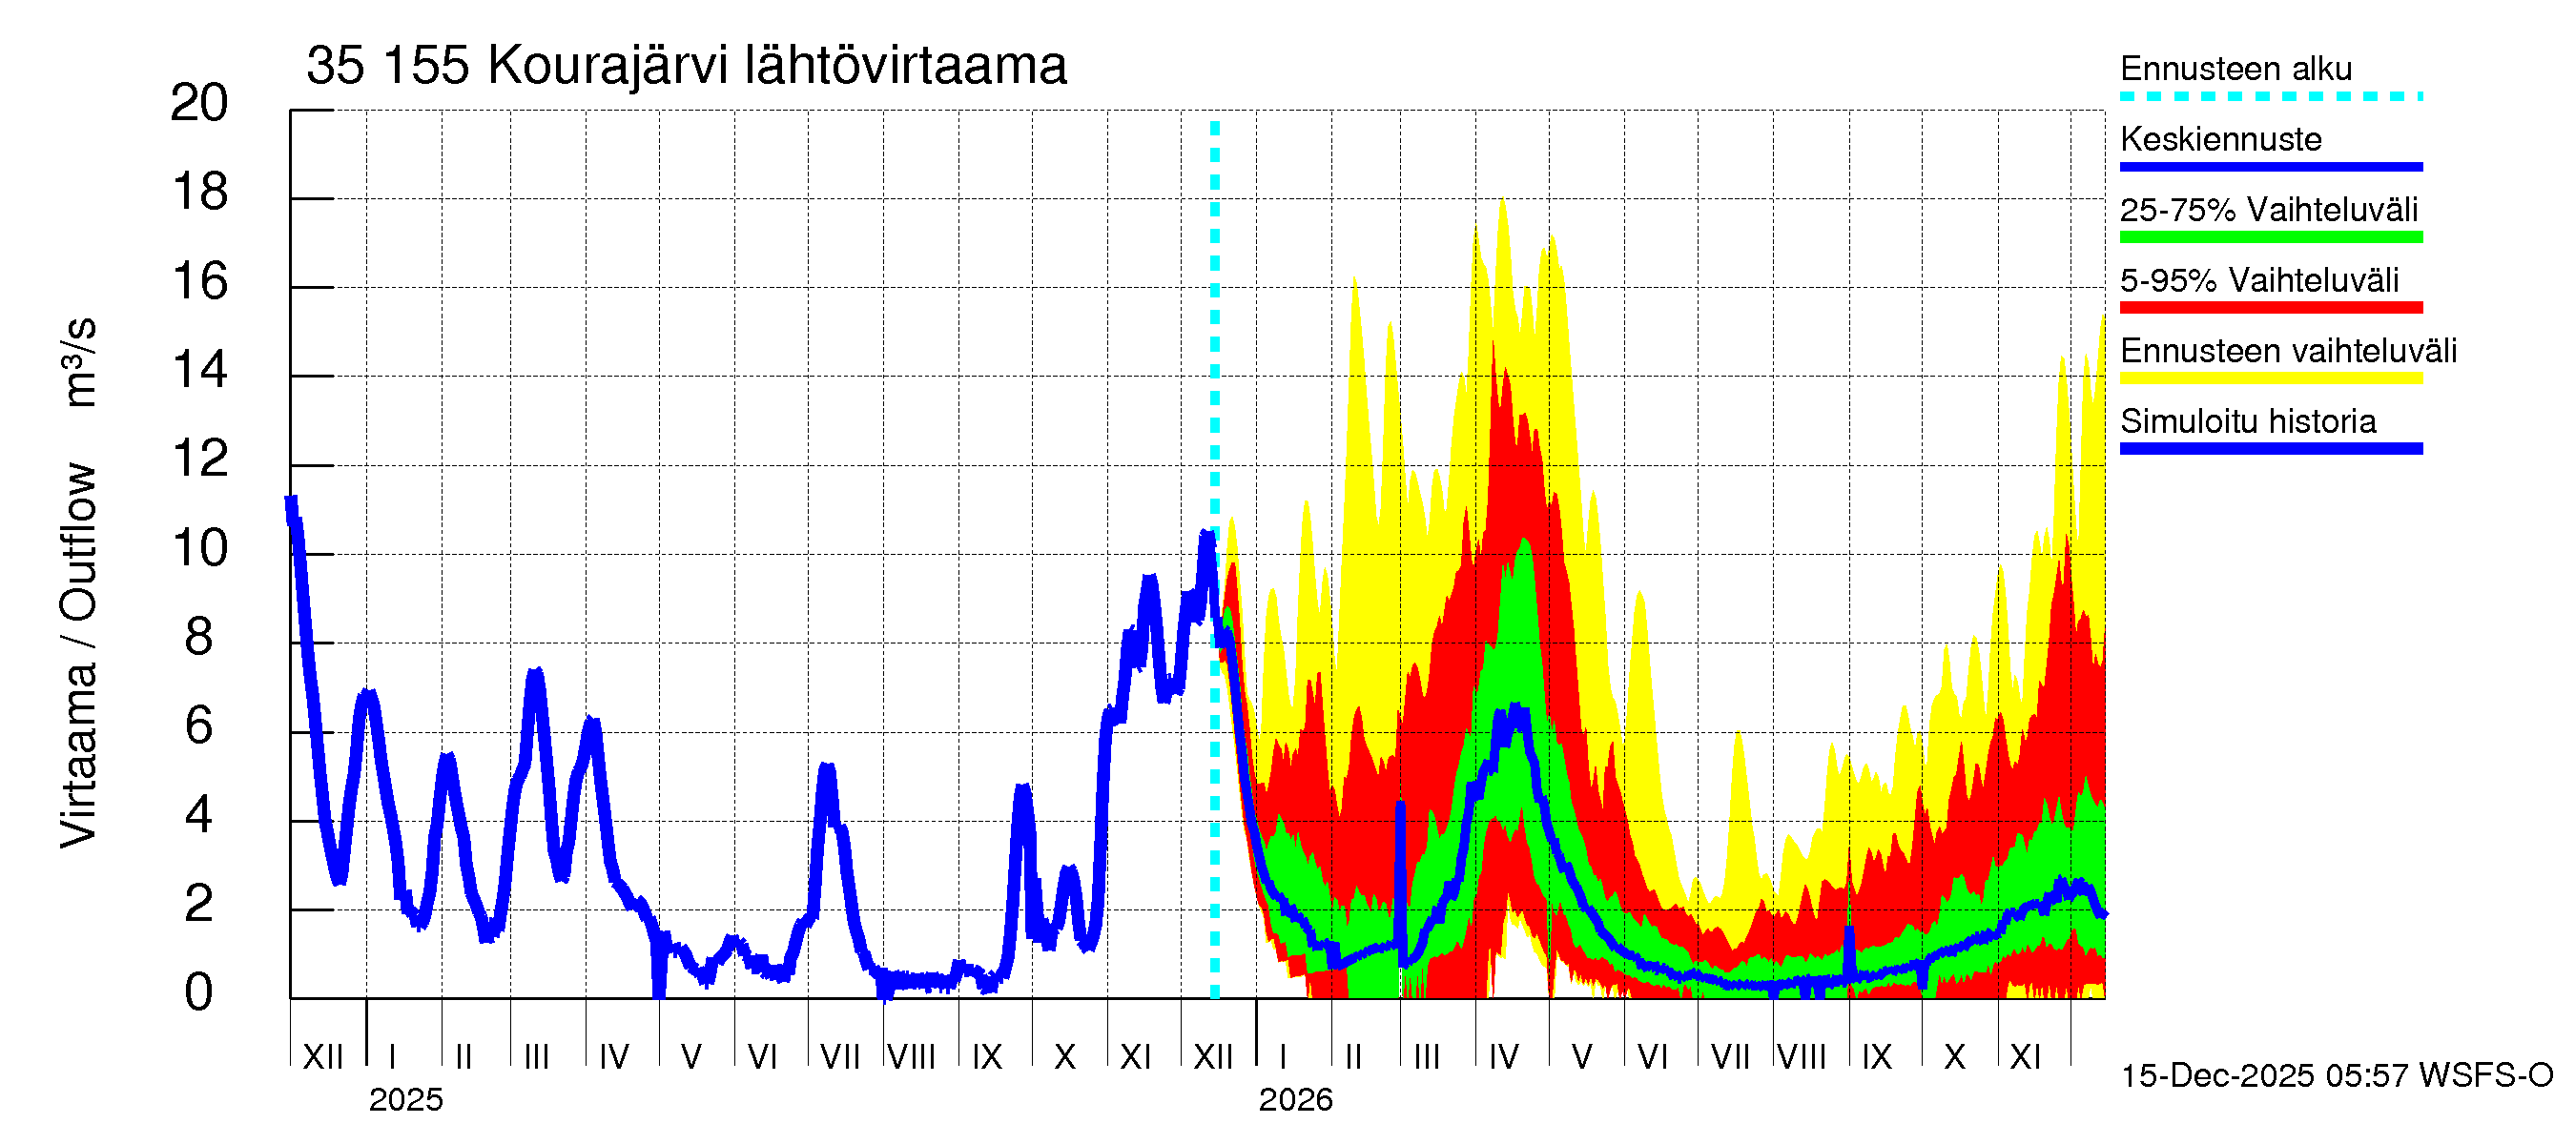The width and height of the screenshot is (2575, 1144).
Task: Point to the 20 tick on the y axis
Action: click(200, 103)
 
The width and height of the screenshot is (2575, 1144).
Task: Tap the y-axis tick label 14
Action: click(200, 371)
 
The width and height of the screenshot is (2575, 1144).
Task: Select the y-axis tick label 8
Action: click(199, 638)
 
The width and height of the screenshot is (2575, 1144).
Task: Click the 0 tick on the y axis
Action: click(199, 993)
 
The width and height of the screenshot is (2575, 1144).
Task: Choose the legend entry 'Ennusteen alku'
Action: click(2235, 69)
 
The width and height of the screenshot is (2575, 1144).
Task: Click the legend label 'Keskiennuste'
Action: click(2220, 139)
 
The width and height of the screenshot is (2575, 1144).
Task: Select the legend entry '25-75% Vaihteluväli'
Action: click(2268, 210)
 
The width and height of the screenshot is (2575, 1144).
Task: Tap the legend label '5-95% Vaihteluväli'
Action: click(2258, 280)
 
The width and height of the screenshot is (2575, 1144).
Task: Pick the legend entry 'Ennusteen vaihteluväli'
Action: click(2288, 351)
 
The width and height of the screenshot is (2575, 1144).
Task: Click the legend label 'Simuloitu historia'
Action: click(2247, 421)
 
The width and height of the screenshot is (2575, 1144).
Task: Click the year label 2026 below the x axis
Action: click(1294, 1100)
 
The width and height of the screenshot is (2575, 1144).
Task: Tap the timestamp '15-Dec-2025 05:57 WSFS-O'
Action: click(2336, 1076)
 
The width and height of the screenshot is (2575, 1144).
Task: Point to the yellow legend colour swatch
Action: click(2270, 378)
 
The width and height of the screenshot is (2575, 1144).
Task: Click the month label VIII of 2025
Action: click(911, 1057)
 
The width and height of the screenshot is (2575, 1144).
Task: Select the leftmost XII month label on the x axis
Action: click(322, 1057)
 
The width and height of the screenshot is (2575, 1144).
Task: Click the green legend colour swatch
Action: click(2270, 237)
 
